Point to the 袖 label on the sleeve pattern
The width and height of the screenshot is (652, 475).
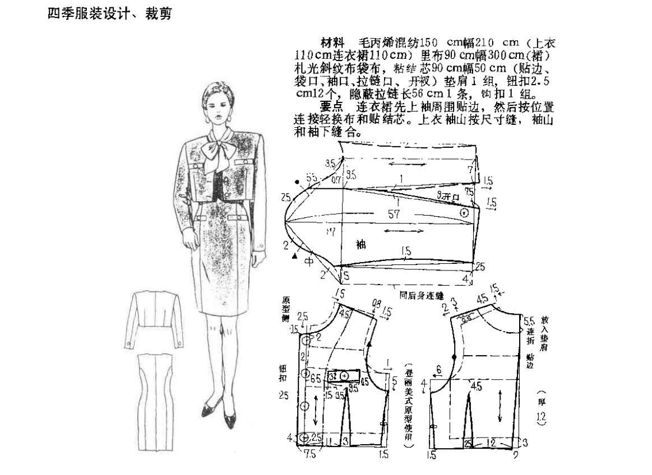361,245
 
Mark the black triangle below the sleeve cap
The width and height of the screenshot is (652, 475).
294,255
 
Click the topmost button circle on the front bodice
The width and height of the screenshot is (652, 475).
306,339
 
